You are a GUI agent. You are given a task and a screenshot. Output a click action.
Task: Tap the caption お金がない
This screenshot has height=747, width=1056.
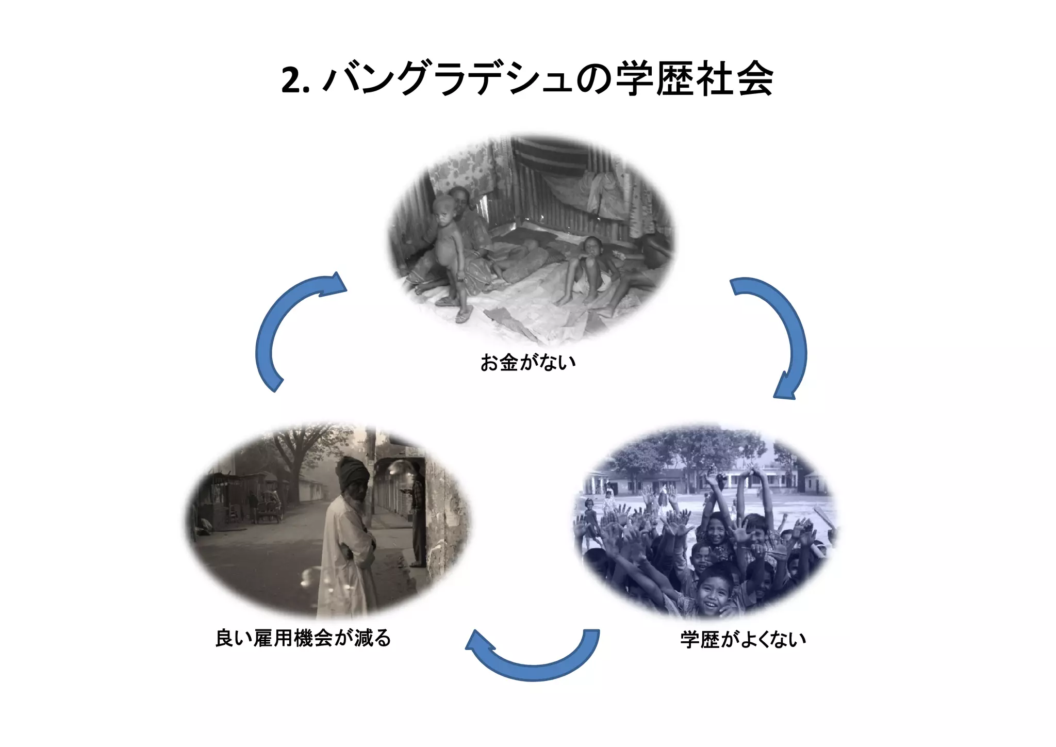[527, 362]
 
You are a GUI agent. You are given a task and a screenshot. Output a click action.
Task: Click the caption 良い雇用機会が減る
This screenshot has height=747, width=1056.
[303, 638]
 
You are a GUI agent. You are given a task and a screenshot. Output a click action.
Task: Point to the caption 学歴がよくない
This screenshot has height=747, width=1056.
[742, 639]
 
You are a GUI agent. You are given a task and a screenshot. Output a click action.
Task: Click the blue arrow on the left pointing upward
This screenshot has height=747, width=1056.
[289, 330]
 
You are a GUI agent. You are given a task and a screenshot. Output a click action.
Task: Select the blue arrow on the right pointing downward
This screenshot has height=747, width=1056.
[779, 335]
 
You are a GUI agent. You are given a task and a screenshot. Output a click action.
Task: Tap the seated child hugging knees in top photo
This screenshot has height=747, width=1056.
[588, 268]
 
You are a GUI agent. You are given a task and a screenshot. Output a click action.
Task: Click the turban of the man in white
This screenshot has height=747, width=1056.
[353, 472]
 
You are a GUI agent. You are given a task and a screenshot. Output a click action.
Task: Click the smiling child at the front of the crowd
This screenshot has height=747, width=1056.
[714, 591]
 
